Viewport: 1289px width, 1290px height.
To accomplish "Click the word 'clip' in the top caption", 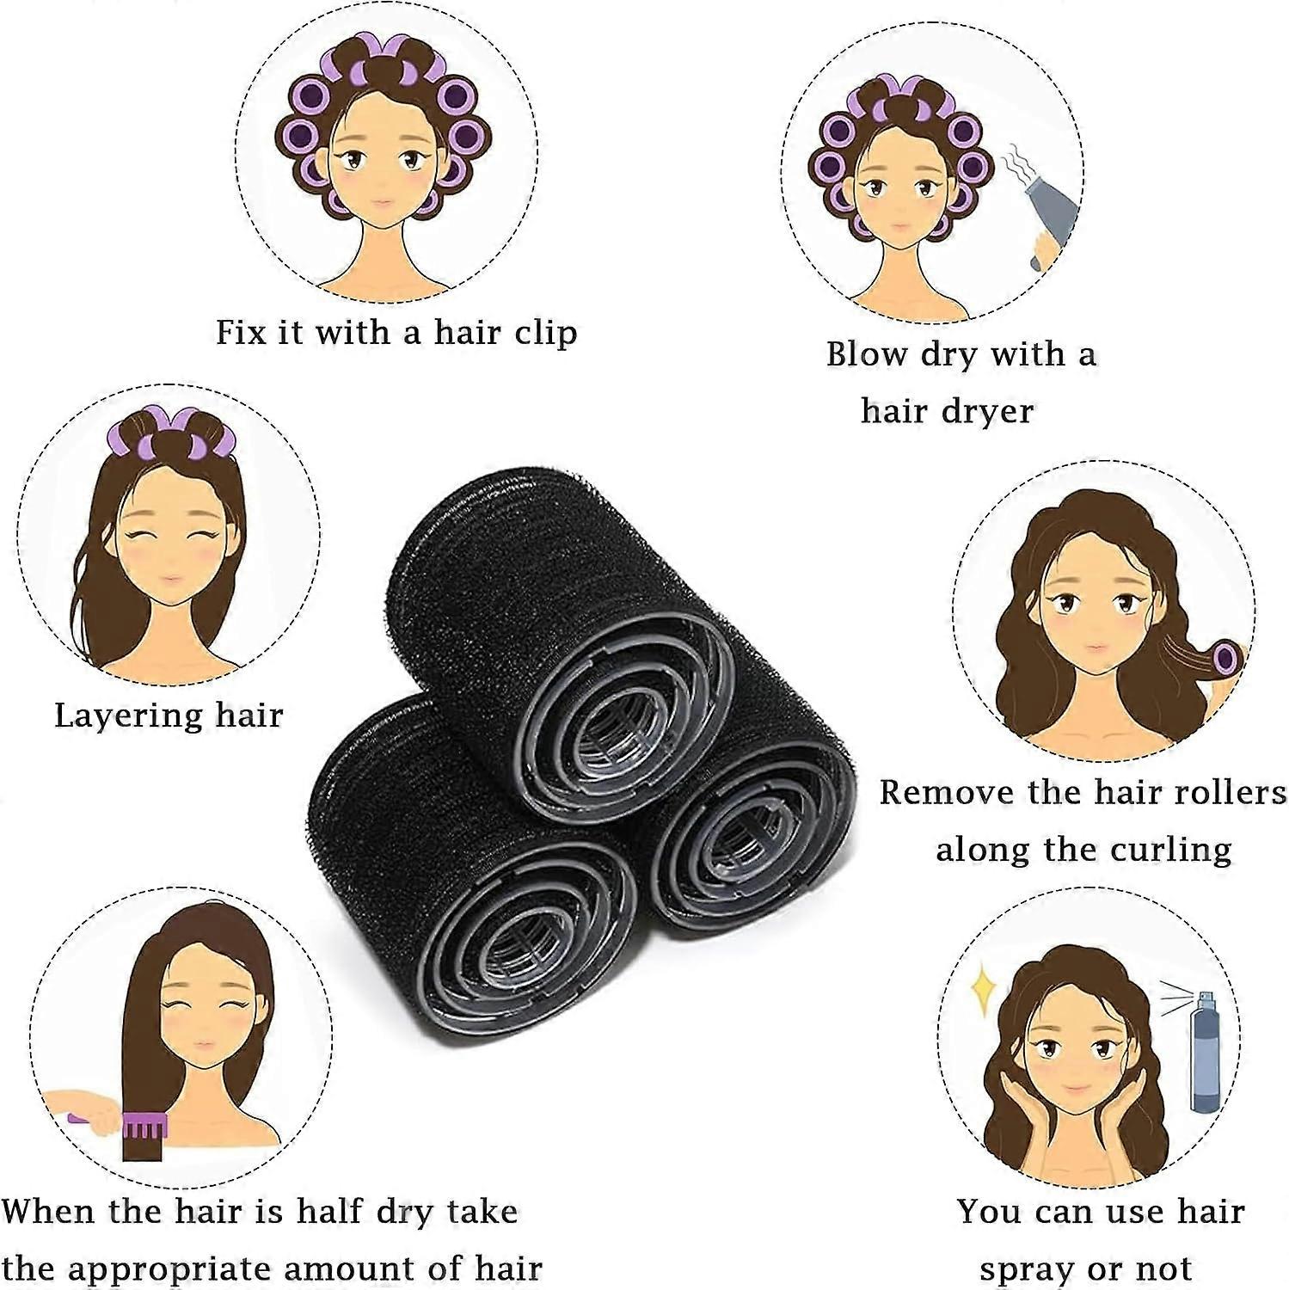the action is point(539,333).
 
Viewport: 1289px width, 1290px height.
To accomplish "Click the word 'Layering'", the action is point(128,716).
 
